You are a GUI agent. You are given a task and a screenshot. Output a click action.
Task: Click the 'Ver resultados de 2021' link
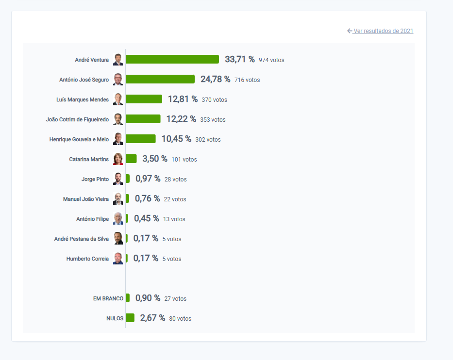point(383,31)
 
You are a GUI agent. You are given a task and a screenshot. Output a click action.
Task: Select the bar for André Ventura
point(172,59)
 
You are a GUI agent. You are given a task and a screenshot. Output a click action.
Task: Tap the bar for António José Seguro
point(160,79)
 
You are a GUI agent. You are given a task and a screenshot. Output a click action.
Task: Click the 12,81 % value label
point(183,99)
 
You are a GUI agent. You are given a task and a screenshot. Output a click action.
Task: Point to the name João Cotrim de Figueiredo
point(77,119)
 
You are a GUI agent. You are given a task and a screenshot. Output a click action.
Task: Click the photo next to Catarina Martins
point(118,159)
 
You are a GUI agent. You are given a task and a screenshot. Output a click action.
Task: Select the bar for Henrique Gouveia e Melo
point(141,139)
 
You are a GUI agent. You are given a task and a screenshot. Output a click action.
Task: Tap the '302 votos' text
point(208,140)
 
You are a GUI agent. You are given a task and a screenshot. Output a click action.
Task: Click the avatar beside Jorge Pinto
point(118,179)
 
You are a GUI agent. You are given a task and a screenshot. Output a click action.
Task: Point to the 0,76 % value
point(147,198)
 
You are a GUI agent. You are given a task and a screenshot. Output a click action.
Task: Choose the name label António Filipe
point(92,219)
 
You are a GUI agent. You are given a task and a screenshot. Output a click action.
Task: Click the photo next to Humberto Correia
point(118,259)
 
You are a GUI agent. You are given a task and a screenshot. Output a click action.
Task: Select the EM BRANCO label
point(108,298)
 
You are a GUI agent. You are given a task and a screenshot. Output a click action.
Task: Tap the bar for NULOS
point(130,318)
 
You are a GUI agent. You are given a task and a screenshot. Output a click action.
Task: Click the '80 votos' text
point(180,319)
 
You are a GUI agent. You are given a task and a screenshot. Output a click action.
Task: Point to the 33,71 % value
point(240,59)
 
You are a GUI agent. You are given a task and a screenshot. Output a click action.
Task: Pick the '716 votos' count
point(247,80)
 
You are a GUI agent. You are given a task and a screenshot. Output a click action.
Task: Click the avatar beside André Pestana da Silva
point(118,239)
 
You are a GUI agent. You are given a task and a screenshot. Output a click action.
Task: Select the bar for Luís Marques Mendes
point(144,99)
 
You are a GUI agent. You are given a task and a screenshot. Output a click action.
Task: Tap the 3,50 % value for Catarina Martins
point(155,159)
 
